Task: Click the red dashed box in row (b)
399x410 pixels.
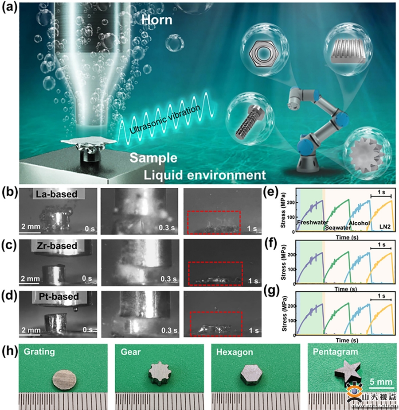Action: click(214, 222)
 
